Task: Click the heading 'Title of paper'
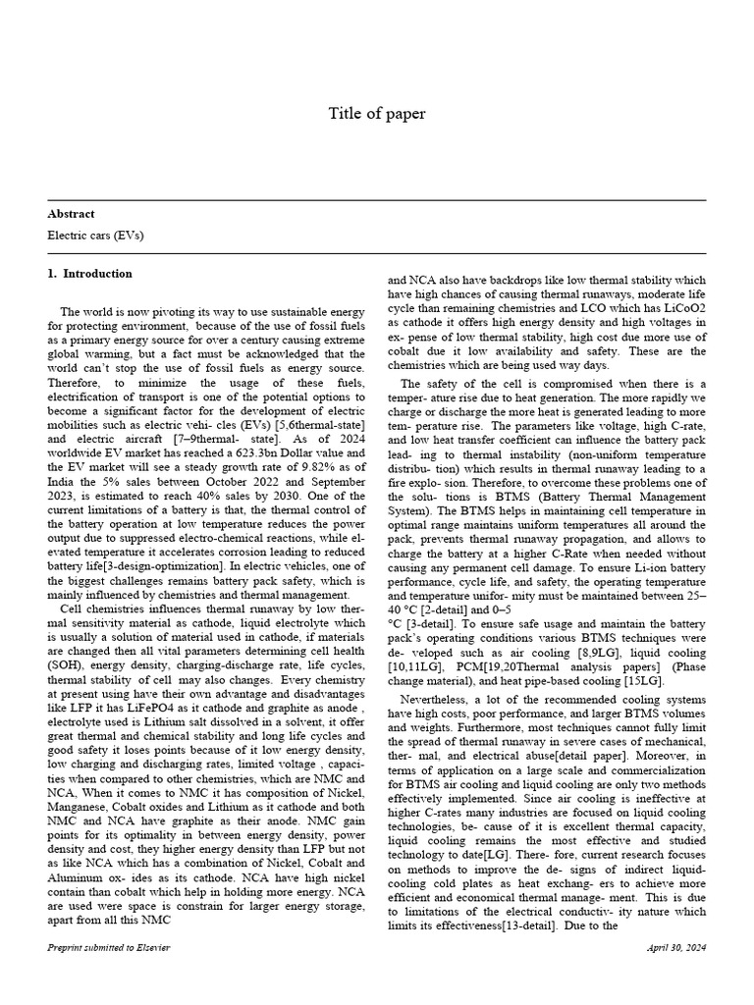coord(377,114)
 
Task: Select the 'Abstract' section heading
coord(71,213)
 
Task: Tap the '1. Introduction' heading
coord(89,274)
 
